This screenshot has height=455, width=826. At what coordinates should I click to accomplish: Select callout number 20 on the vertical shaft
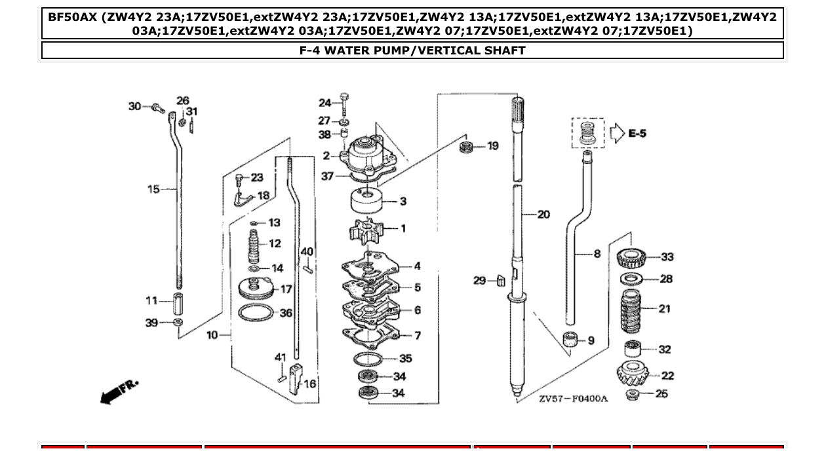click(x=543, y=214)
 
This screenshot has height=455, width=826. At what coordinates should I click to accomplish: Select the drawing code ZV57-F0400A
click(x=574, y=399)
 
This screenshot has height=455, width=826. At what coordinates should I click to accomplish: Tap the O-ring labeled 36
click(x=256, y=313)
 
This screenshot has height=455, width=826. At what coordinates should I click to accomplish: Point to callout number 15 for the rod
click(x=153, y=189)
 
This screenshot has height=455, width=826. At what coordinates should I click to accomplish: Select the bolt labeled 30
click(x=157, y=108)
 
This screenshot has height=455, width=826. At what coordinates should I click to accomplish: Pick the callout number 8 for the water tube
click(x=597, y=253)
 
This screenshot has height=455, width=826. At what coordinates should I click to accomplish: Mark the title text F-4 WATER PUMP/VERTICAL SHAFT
click(x=412, y=50)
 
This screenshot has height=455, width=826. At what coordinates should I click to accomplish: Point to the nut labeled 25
click(x=633, y=395)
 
